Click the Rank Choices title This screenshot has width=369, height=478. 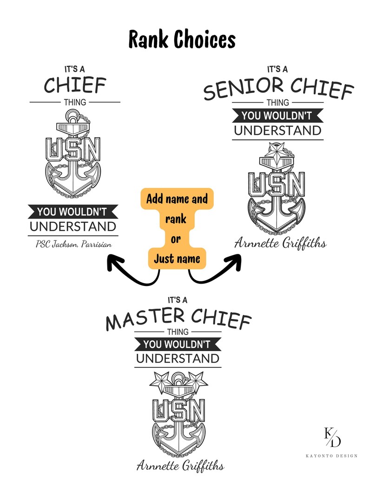182,40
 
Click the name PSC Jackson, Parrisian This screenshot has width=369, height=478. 73,244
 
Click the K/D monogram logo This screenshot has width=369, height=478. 332,437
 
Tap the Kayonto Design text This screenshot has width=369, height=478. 331,456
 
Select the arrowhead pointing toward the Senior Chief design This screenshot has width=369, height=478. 234,263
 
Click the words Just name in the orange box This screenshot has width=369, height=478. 177,259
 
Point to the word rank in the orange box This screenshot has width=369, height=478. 176,219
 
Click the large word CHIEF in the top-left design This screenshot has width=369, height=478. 75,85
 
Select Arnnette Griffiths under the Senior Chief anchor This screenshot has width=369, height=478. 280,244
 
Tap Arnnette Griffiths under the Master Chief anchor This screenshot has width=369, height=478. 180,465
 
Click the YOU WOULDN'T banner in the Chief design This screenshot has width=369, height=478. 73,212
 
